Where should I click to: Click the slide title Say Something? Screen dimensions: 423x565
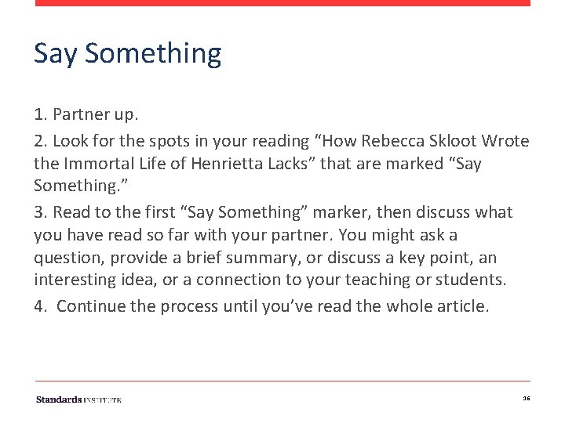127,54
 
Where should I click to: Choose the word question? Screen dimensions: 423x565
67,258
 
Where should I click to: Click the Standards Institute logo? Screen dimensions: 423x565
78,399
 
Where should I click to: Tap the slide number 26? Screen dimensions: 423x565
527,399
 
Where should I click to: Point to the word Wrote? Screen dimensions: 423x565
506,142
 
